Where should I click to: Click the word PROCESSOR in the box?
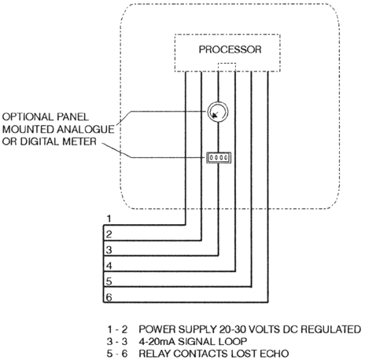pyautogui.click(x=230, y=50)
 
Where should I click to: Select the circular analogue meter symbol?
pyautogui.click(x=218, y=112)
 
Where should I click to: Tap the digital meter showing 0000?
pyautogui.click(x=219, y=157)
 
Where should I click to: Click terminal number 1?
pyautogui.click(x=109, y=219)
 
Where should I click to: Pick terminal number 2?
pyautogui.click(x=109, y=234)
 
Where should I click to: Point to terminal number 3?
pyautogui.click(x=109, y=250)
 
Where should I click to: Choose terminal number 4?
pyautogui.click(x=109, y=266)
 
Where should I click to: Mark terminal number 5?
pyautogui.click(x=109, y=281)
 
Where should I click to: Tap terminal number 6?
pyautogui.click(x=109, y=297)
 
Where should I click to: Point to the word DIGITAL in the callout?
pyautogui.click(x=40, y=141)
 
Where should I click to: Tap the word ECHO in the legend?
pyautogui.click(x=275, y=354)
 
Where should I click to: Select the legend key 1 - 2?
pyautogui.click(x=117, y=329)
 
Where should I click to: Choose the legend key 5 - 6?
pyautogui.click(x=117, y=354)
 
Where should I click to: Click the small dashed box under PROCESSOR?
pyautogui.click(x=227, y=67)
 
